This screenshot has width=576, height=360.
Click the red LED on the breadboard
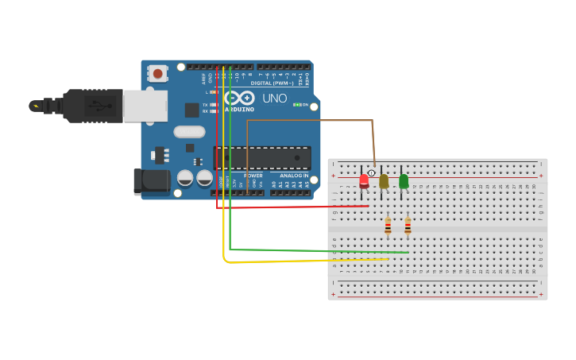pyautogui.click(x=364, y=180)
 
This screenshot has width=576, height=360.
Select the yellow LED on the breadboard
pyautogui.click(x=384, y=181)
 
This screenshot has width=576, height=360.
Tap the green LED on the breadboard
pyautogui.click(x=404, y=181)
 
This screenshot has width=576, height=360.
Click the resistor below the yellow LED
pyautogui.click(x=388, y=226)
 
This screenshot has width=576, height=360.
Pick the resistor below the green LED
pyautogui.click(x=408, y=226)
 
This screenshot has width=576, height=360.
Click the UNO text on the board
pyautogui.click(x=274, y=99)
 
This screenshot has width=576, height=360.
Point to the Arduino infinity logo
pyautogui.click(x=238, y=98)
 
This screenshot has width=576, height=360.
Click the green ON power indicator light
pyautogui.click(x=296, y=104)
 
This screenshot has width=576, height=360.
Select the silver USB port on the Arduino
pyautogui.click(x=145, y=106)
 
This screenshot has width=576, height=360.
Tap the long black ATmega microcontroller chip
pyautogui.click(x=262, y=158)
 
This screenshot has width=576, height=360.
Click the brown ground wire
pyautogui.click(x=310, y=121)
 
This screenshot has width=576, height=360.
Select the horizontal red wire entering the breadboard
pyautogui.click(x=294, y=207)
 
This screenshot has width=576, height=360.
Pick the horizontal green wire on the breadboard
pyautogui.click(x=318, y=250)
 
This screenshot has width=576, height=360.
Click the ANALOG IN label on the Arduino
pyautogui.click(x=294, y=176)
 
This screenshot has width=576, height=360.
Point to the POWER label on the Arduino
pyautogui.click(x=253, y=176)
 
